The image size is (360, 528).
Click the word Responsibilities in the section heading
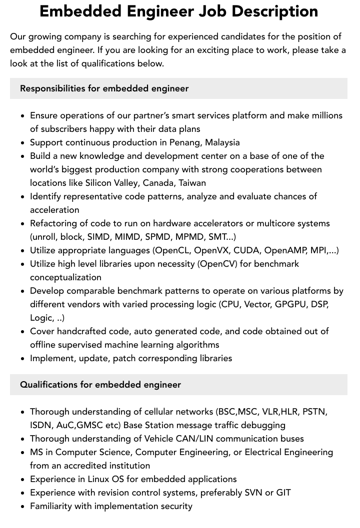click(x=52, y=88)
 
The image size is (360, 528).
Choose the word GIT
click(x=282, y=493)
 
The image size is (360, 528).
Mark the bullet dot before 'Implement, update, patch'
click(x=22, y=359)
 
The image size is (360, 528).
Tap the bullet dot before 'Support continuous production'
click(x=22, y=143)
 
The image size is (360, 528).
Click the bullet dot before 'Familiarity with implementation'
click(x=22, y=507)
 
